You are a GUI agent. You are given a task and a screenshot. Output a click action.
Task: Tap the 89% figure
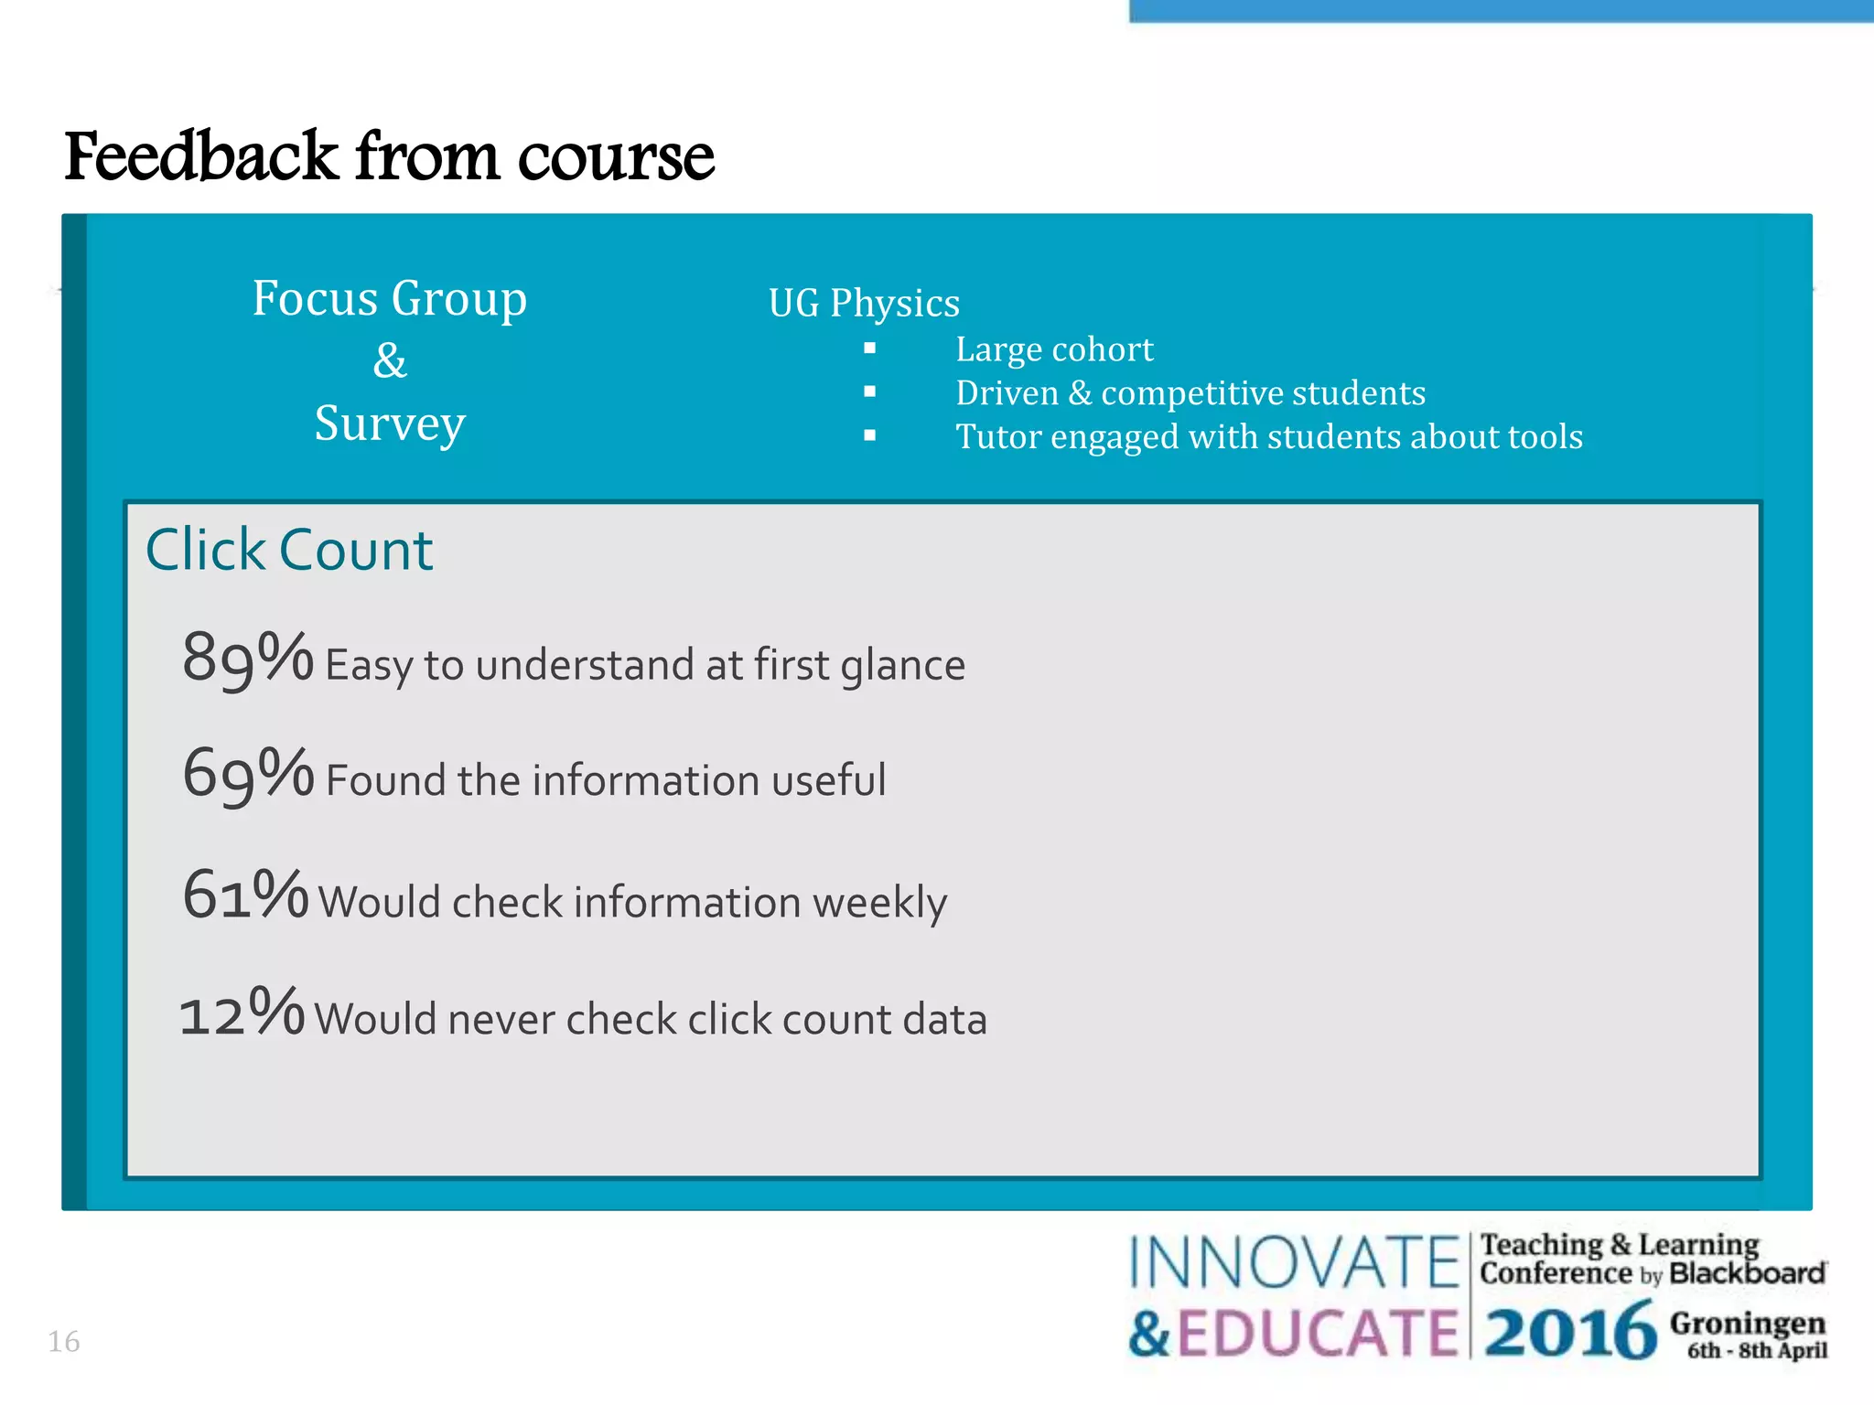point(247,658)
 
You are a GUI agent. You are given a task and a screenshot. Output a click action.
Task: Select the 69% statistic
point(247,774)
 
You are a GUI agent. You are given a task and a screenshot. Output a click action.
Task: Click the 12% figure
point(242,1014)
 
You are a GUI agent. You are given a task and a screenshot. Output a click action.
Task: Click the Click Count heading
point(288,551)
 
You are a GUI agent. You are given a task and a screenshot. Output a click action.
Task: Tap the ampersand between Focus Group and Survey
point(389,360)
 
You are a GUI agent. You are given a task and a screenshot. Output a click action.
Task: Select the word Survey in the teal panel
point(390,424)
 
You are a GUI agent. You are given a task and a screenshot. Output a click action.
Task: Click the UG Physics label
point(864,303)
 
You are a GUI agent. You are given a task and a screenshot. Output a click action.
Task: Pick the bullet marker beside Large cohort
point(869,349)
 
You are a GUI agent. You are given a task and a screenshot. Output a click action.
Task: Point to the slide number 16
point(63,1342)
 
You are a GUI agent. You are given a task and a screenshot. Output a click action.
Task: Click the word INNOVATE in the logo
point(1294,1263)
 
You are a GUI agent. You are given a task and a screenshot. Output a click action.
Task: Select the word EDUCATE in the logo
point(1317,1333)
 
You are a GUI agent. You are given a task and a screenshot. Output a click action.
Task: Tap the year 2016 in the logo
point(1569,1332)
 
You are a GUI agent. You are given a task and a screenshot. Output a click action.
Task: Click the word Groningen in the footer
point(1747,1323)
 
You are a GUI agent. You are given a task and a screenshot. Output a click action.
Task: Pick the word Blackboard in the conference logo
point(1747,1273)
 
